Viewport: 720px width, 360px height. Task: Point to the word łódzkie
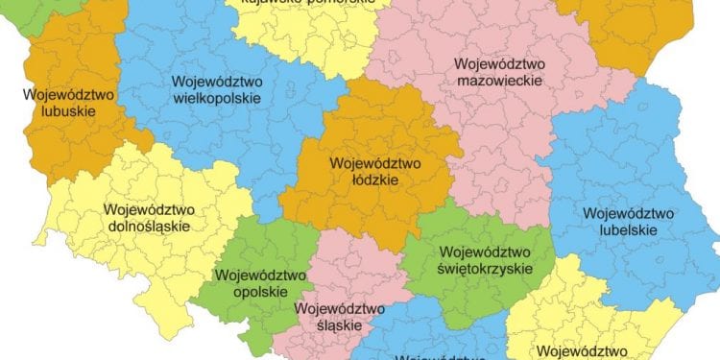tap(370, 179)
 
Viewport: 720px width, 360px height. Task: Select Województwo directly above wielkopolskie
tap(218, 82)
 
